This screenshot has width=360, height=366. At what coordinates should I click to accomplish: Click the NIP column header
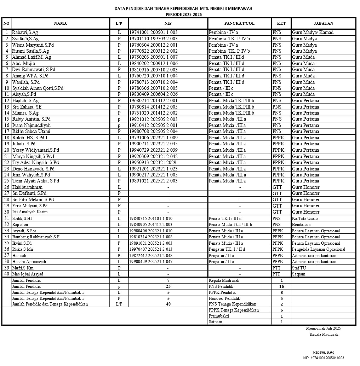(168, 24)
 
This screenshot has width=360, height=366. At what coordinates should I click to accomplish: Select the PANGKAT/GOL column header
(239, 24)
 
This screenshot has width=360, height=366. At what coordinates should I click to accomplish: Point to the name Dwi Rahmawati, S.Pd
(34, 70)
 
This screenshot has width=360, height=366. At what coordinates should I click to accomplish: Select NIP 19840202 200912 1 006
(153, 64)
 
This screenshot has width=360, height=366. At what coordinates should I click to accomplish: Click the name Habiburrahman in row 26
(27, 187)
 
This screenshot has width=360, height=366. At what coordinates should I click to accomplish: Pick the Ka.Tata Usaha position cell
(305, 219)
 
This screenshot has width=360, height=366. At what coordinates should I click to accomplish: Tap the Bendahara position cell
(302, 225)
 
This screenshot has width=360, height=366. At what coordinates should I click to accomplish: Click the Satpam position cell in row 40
(299, 274)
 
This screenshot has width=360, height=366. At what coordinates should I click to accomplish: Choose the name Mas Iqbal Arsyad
(28, 274)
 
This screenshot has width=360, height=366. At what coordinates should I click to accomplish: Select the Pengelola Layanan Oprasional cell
(319, 249)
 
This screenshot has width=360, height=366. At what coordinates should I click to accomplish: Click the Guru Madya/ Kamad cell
(313, 33)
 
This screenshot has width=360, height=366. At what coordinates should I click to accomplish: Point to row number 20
(6, 150)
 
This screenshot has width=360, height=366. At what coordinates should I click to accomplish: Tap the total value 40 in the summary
(168, 304)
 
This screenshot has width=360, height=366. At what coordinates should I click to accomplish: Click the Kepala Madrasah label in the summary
(224, 280)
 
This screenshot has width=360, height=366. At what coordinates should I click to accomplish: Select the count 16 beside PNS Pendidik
(281, 286)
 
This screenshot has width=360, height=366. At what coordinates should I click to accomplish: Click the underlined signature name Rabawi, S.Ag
(324, 353)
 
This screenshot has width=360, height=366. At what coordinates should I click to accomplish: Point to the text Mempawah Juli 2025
(324, 329)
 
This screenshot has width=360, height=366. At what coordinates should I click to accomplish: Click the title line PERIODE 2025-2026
(183, 14)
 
